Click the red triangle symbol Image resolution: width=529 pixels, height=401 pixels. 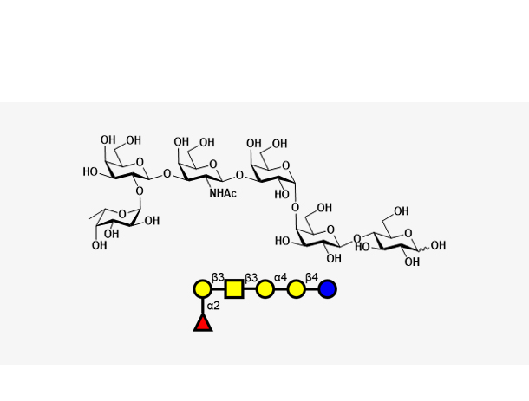click(x=203, y=322)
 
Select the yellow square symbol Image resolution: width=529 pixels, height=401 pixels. click(x=234, y=289)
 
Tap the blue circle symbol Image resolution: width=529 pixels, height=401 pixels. click(x=327, y=289)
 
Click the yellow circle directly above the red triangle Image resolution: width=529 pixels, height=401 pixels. click(x=203, y=289)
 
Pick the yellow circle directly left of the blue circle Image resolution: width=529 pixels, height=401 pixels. click(x=297, y=289)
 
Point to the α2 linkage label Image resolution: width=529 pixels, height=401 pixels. click(x=213, y=306)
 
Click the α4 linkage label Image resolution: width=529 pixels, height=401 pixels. click(x=280, y=277)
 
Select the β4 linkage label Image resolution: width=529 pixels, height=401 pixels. click(x=311, y=277)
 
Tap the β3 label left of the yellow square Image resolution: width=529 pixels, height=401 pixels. click(x=218, y=277)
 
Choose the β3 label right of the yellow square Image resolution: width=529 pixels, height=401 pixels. click(x=251, y=278)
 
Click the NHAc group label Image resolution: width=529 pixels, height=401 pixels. click(x=223, y=193)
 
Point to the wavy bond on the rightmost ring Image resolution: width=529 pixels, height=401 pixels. click(x=424, y=249)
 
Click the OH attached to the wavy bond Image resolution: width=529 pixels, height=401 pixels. click(x=438, y=245)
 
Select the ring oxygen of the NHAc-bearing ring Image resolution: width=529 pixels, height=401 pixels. click(x=212, y=164)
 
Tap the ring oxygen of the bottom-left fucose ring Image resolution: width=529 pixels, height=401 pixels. click(x=122, y=214)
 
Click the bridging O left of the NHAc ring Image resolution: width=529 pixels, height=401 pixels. click(x=167, y=174)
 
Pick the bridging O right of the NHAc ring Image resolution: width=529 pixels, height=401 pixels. click(x=239, y=175)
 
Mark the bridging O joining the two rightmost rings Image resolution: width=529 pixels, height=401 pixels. click(x=356, y=238)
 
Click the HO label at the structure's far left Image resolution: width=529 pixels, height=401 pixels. click(x=90, y=171)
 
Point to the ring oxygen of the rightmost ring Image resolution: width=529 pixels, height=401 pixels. click(x=408, y=233)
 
